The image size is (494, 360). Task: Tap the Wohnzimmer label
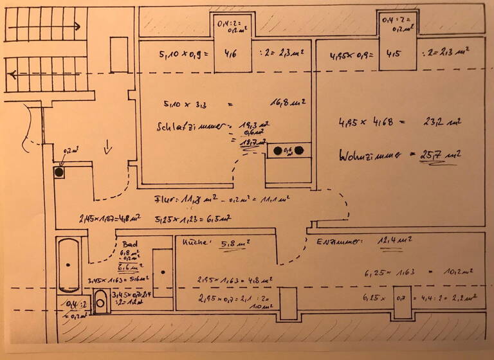pos(367,155)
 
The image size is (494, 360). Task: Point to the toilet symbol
pos(100,301)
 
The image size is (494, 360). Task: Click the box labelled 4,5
pos(394,54)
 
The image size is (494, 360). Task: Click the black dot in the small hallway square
pos(60,172)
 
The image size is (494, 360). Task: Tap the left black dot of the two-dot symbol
pos(278,151)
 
